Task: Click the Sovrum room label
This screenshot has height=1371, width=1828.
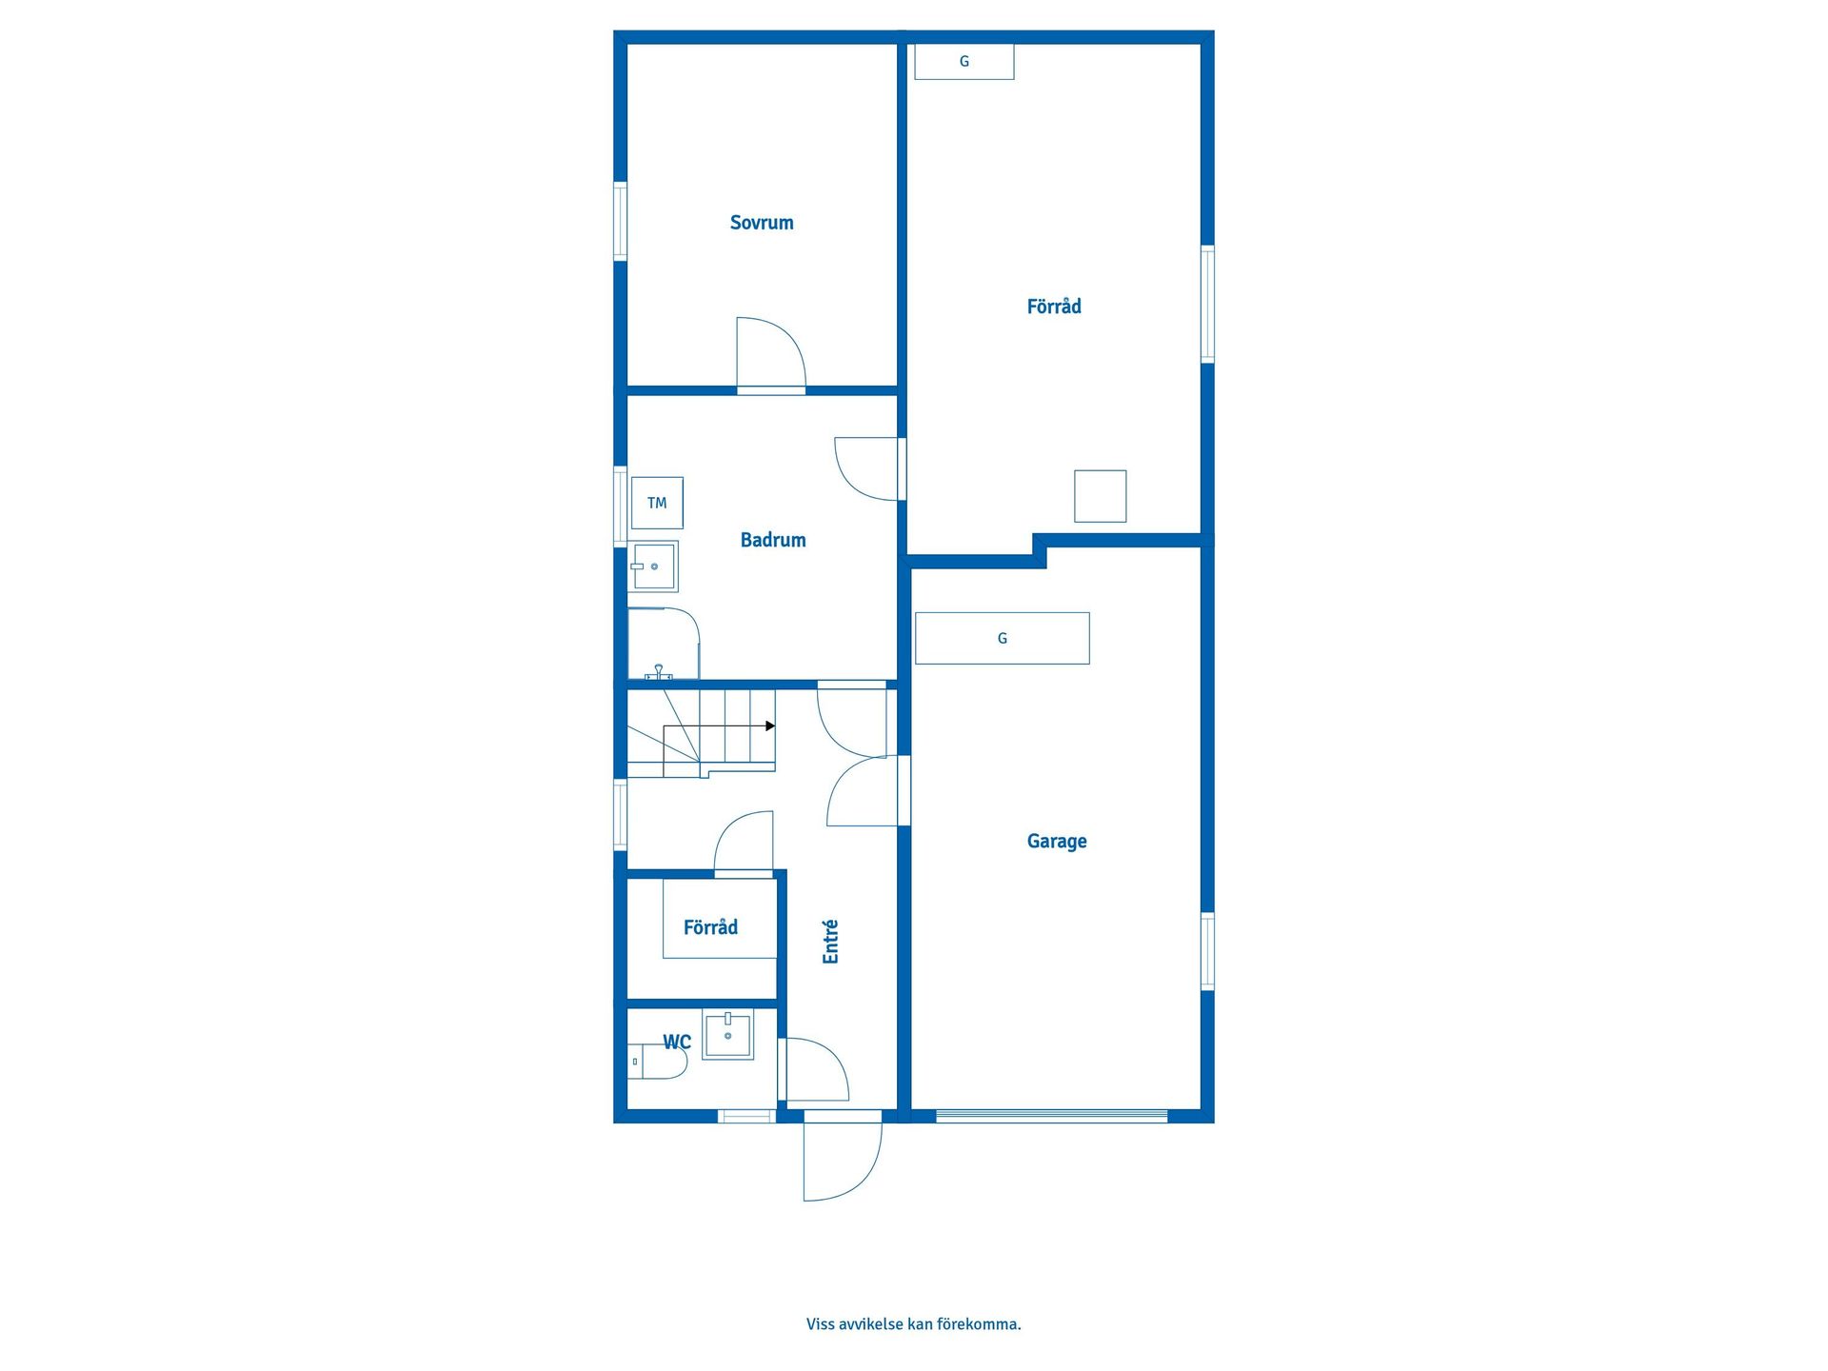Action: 762,223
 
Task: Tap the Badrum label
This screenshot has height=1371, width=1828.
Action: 773,540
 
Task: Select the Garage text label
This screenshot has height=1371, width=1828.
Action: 1057,842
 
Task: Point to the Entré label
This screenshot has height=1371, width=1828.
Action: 830,942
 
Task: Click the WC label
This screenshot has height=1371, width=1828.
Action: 677,1042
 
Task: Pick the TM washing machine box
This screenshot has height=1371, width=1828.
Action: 657,503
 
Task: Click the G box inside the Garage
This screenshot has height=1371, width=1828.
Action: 1003,638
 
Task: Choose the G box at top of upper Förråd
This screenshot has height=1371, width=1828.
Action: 964,62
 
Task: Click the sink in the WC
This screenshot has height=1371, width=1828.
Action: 728,1035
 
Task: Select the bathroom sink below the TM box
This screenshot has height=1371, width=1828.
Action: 653,566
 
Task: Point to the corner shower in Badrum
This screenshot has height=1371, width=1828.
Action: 664,644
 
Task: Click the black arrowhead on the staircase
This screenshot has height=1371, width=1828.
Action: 770,726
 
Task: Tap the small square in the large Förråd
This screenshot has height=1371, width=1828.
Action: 1101,496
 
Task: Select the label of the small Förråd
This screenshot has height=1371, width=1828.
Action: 710,927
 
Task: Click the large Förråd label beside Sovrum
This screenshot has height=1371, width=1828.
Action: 1054,307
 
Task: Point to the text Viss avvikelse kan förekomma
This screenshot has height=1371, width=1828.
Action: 914,1324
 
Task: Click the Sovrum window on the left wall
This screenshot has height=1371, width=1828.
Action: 620,221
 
